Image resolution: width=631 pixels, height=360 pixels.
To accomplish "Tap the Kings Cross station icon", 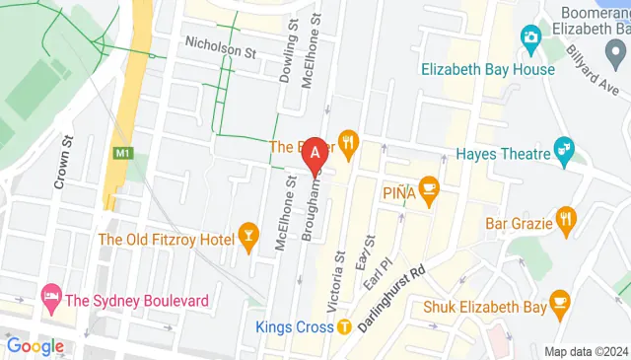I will pyautogui.click(x=344, y=327).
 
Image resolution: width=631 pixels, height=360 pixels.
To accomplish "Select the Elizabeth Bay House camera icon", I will pyautogui.click(x=531, y=38).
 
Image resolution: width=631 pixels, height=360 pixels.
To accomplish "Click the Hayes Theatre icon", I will pyautogui.click(x=565, y=150).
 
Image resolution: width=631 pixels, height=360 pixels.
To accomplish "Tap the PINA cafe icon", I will pyautogui.click(x=429, y=186).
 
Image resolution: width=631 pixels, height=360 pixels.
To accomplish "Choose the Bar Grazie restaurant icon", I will pyautogui.click(x=564, y=218).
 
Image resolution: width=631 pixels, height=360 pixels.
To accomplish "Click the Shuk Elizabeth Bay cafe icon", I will pyautogui.click(x=560, y=301).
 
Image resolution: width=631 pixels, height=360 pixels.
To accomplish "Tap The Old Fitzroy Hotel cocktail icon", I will pyautogui.click(x=246, y=236).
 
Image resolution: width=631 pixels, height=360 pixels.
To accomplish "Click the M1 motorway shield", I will pyautogui.click(x=122, y=154).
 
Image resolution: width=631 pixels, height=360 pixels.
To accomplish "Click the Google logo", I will pyautogui.click(x=35, y=346).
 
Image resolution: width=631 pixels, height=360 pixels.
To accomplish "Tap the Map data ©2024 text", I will pyautogui.click(x=587, y=351).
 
